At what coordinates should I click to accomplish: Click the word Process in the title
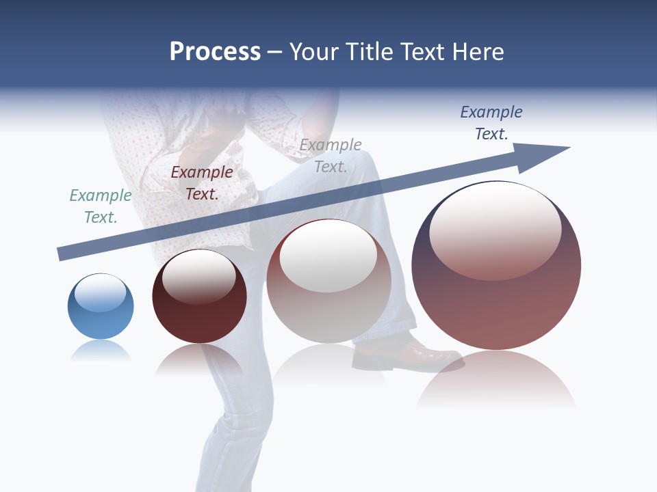(x=215, y=52)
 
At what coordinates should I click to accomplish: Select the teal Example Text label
(x=101, y=206)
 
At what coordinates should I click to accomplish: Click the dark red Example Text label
(x=202, y=183)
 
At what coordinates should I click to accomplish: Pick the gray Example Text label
(x=331, y=156)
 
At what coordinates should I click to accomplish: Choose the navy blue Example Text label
(x=491, y=123)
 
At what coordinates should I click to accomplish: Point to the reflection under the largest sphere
(x=496, y=379)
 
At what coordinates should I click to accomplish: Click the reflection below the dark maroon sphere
(x=199, y=359)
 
